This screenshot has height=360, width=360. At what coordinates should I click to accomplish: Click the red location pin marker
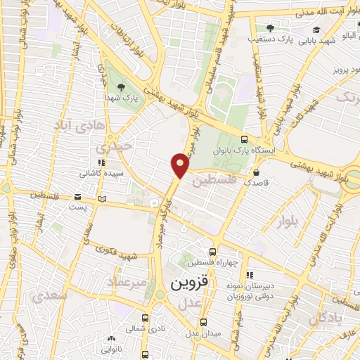point(180,165)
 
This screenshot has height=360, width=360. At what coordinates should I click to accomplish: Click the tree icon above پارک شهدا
point(122,87)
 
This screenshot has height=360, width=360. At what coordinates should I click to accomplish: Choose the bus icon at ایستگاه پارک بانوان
point(243,139)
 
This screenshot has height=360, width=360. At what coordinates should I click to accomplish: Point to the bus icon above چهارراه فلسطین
point(212,252)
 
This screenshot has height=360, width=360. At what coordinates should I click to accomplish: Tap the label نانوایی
point(111,348)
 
